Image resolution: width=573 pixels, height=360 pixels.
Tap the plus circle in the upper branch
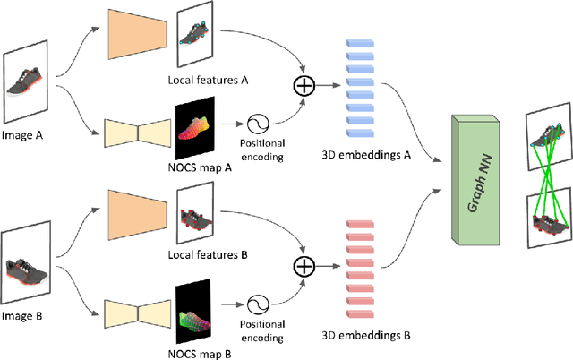[x=304, y=86]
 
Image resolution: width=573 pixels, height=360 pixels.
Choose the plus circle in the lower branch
[x=304, y=267]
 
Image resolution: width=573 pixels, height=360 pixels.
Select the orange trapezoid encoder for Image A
[x=134, y=37]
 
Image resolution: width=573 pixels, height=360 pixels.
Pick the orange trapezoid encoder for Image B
[x=134, y=217]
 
